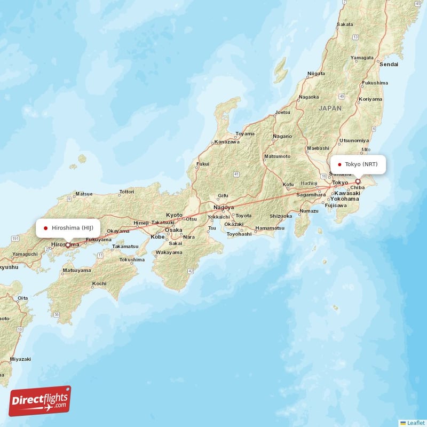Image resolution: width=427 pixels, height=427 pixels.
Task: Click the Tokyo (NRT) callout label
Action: point(357,164)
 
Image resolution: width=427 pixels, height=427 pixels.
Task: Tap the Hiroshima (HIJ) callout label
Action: point(68,228)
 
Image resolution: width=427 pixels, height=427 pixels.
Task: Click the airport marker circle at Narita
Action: point(358,181)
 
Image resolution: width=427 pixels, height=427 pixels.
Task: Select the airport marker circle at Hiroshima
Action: point(68,245)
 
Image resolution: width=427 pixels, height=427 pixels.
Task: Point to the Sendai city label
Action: point(389,64)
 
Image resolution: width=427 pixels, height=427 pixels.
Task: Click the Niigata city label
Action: point(316,73)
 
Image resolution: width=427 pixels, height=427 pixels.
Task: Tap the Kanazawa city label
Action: point(226,143)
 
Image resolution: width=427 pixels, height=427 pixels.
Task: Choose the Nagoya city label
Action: point(223,207)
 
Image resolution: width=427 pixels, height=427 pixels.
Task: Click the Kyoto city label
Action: point(174,215)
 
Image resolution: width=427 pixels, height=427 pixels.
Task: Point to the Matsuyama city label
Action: point(76,271)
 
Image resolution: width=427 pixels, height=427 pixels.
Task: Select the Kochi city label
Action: point(99,283)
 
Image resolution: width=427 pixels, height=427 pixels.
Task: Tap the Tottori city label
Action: point(126,191)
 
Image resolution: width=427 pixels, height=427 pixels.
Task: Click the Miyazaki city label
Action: point(20,359)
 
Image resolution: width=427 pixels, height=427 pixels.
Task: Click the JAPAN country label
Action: point(330,108)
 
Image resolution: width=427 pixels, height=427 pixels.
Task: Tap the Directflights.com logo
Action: point(40,401)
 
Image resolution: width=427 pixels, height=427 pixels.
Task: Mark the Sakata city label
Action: point(345,24)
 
